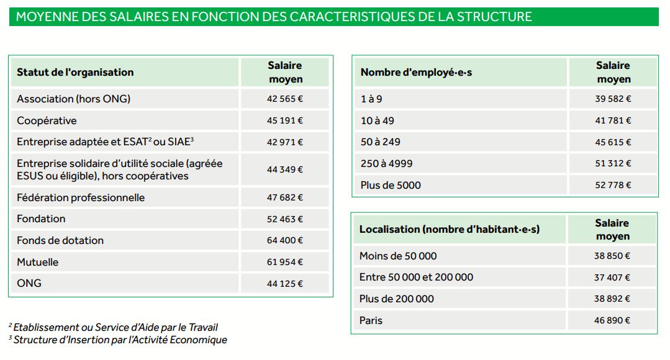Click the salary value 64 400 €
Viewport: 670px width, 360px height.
tap(285, 240)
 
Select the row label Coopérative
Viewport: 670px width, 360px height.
tap(47, 120)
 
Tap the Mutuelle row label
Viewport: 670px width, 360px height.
tap(38, 262)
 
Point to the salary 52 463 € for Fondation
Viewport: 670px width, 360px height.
tap(285, 219)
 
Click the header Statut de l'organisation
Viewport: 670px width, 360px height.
tap(75, 72)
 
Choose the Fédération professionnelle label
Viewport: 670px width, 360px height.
tap(81, 197)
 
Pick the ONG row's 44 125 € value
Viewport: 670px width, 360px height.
tap(285, 284)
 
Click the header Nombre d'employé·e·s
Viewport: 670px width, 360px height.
tap(417, 73)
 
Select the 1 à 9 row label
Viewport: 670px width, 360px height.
tap(371, 99)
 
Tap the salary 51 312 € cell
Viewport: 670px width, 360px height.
tap(613, 163)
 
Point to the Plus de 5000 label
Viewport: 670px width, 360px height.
tap(391, 185)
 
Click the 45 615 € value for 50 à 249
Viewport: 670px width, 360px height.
tap(613, 142)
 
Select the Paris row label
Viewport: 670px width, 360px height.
tap(371, 320)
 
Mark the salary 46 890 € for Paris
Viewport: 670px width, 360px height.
tap(612, 320)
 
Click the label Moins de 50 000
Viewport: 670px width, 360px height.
tap(398, 256)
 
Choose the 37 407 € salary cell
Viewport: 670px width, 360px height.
tap(612, 277)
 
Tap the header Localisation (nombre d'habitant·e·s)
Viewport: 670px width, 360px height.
tap(450, 229)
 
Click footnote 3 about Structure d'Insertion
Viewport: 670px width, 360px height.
tap(118, 340)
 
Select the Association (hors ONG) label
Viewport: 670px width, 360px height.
tap(74, 99)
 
